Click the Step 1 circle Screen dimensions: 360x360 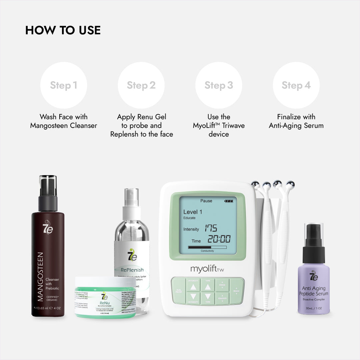(x=63, y=85)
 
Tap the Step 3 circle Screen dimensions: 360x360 (x=219, y=85)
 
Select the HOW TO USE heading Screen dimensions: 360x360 (x=63, y=30)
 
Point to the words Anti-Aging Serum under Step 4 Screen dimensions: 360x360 (x=296, y=126)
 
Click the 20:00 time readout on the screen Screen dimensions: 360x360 (x=219, y=239)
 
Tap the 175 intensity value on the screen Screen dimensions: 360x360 (x=211, y=228)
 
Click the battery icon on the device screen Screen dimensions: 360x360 (x=229, y=201)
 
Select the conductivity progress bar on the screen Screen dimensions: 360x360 (x=207, y=247)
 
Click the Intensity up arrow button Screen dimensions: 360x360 (x=193, y=286)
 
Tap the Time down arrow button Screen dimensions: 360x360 (x=208, y=296)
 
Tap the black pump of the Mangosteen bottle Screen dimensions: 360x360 (x=48, y=200)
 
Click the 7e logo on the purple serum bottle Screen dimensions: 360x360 (x=314, y=276)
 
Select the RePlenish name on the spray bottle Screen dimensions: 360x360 (x=132, y=270)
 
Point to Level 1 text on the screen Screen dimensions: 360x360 (x=193, y=212)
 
